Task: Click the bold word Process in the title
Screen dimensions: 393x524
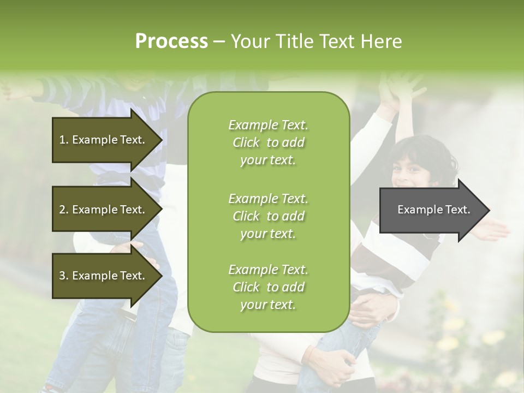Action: [x=171, y=41]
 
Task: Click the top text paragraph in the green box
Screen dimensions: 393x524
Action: [x=268, y=142]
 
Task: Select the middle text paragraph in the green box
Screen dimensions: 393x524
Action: [x=268, y=216]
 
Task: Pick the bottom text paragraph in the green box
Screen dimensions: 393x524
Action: [x=268, y=287]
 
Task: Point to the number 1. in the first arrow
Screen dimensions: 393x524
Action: [x=64, y=140]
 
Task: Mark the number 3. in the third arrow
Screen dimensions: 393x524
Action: [x=64, y=276]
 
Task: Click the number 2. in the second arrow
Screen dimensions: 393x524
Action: [x=64, y=210]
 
